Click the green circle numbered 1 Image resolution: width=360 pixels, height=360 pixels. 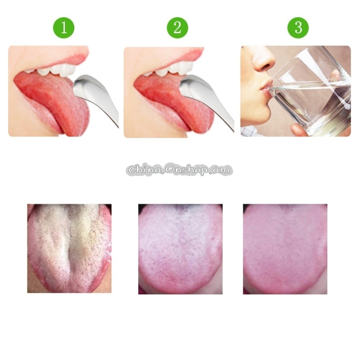coord(64,28)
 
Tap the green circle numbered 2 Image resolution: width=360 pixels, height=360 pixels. coord(177,28)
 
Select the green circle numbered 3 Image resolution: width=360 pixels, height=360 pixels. coord(298,28)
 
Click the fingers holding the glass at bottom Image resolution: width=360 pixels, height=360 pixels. coord(299,130)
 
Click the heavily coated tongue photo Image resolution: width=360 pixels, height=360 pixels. coord(69,248)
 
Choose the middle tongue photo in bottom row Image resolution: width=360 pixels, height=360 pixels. coord(180,249)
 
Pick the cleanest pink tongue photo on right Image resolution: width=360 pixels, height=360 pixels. coord(285,249)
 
